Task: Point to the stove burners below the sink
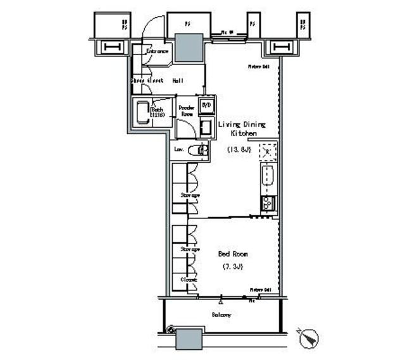coord(266,203)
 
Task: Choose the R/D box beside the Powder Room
coord(206,105)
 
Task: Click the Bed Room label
coord(233,254)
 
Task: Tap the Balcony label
coord(220,314)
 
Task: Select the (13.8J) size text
coord(239,149)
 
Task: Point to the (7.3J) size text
coord(232,267)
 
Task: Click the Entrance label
coord(157,51)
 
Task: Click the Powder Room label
coord(185,111)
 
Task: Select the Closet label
coord(189,279)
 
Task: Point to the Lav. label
coord(179,151)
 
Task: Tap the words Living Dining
coord(241,125)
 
